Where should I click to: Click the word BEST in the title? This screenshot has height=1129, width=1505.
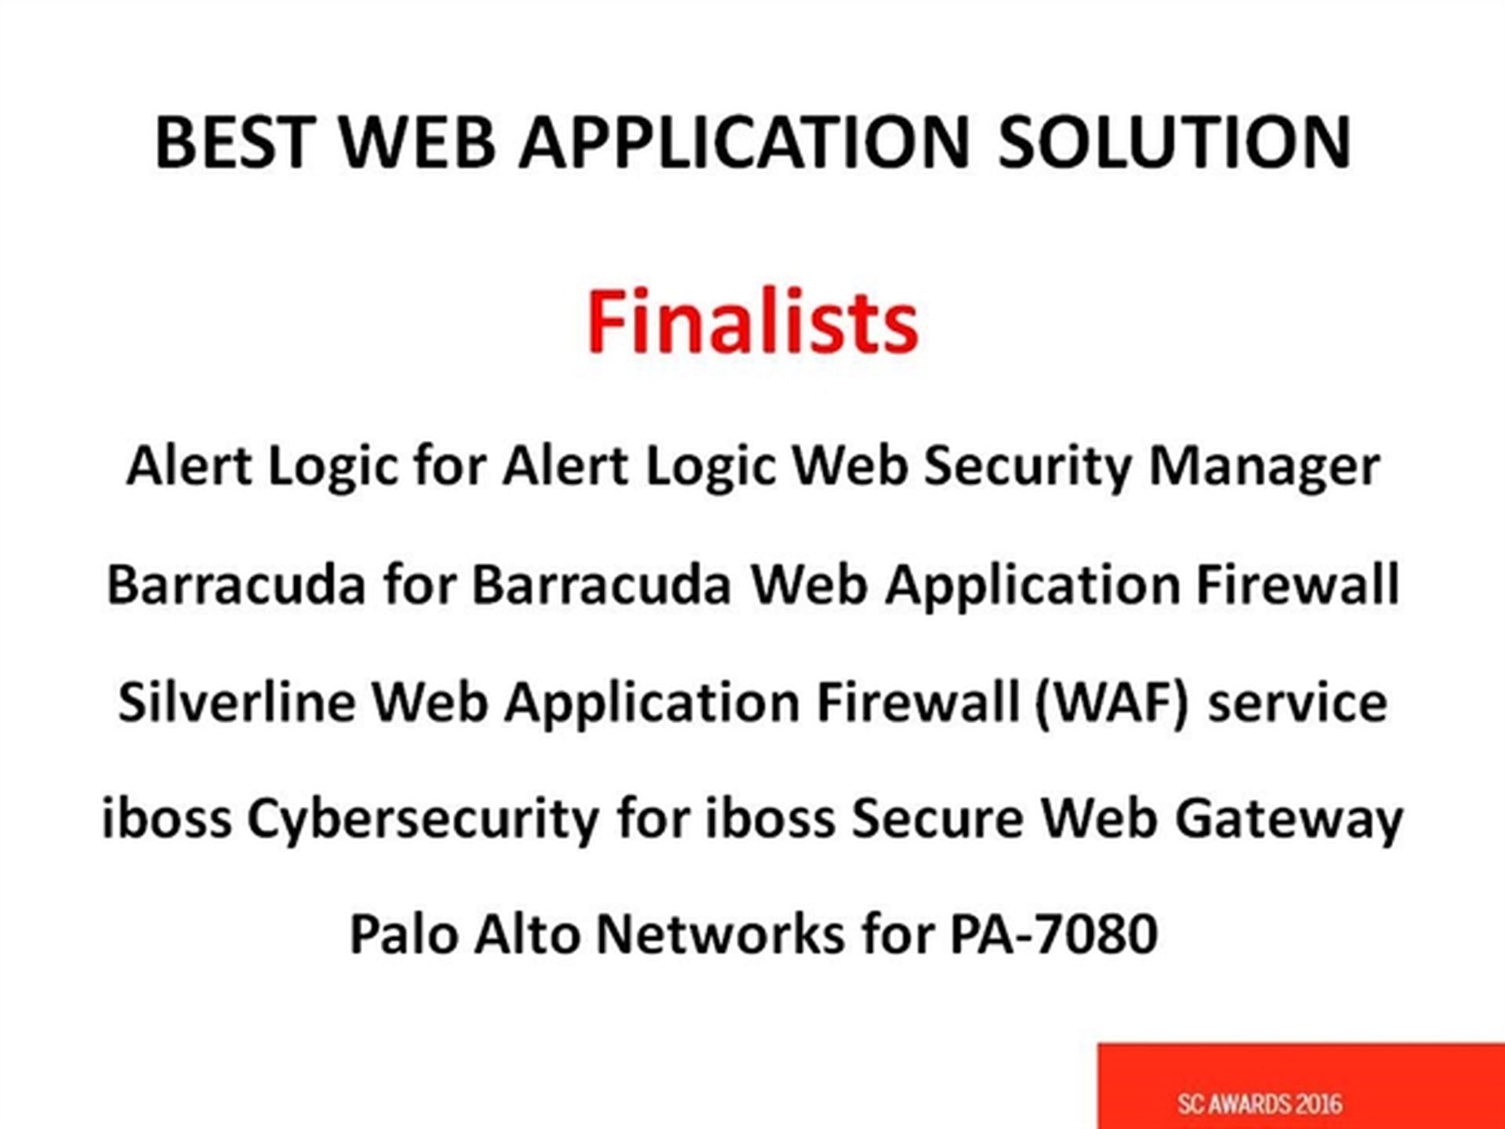pyautogui.click(x=235, y=142)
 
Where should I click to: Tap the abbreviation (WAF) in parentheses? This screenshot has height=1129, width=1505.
pyautogui.click(x=1112, y=702)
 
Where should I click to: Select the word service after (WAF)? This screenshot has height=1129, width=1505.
pyautogui.click(x=1297, y=702)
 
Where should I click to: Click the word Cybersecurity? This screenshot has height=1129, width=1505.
pyautogui.click(x=423, y=820)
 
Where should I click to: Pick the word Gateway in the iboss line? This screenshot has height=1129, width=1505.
pyautogui.click(x=1289, y=820)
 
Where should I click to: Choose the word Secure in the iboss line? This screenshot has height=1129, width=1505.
pyautogui.click(x=937, y=819)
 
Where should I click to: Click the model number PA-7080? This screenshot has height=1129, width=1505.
pyautogui.click(x=1053, y=934)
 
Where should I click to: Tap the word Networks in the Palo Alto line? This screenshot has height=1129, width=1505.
pyautogui.click(x=720, y=934)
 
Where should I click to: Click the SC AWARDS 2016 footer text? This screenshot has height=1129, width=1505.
pyautogui.click(x=1260, y=1104)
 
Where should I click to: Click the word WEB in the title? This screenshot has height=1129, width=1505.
pyautogui.click(x=418, y=142)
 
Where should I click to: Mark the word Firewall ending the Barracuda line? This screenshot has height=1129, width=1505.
pyautogui.click(x=1298, y=584)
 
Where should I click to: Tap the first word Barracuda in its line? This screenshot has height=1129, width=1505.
pyautogui.click(x=236, y=584)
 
